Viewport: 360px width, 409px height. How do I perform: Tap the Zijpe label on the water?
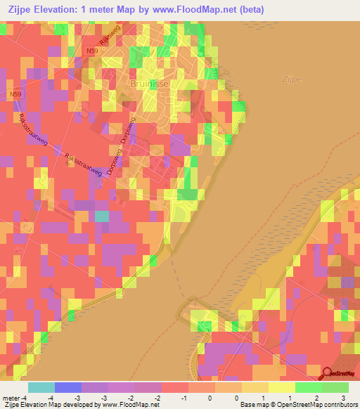pos(290,79)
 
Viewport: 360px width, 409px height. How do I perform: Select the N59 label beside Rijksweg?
pos(92,51)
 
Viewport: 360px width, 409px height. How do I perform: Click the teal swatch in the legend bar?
pos(41,387)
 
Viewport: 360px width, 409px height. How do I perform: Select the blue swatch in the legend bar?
pos(67,387)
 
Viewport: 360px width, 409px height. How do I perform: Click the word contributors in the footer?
pos(336,405)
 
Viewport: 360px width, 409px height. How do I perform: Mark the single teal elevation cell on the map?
pos(102,216)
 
